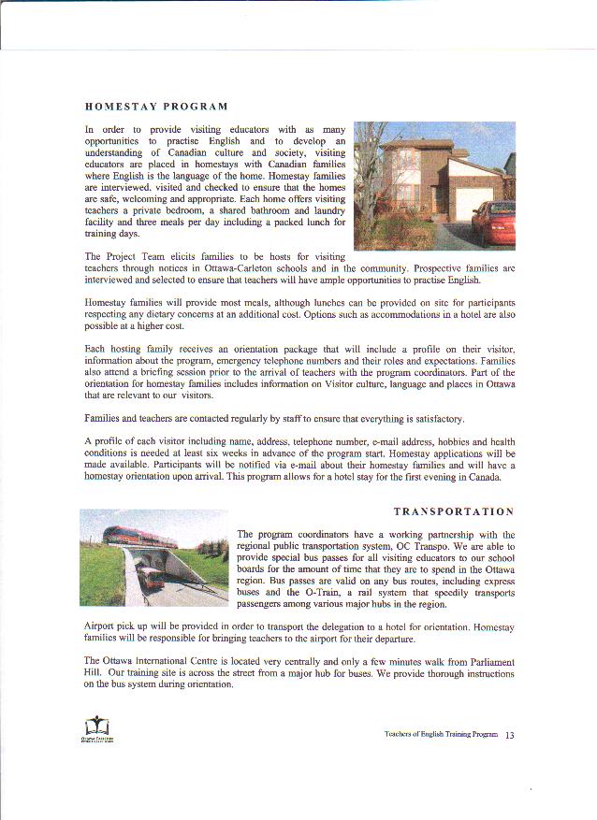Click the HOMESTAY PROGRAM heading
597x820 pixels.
(x=156, y=106)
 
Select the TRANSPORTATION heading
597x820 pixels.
(x=454, y=511)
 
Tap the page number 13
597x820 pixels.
(x=510, y=735)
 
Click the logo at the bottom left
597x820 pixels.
(x=97, y=727)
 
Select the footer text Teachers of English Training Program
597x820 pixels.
(x=441, y=735)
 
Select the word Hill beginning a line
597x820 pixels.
(x=94, y=673)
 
